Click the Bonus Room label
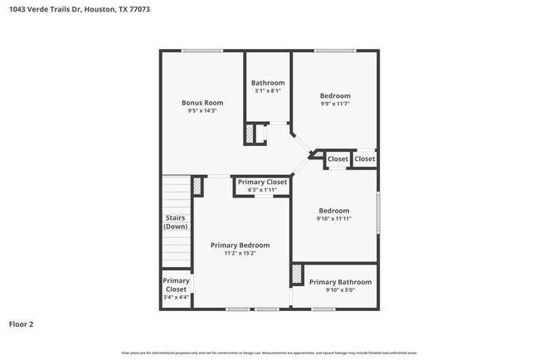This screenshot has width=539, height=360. click(203, 103)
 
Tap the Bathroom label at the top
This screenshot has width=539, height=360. click(268, 83)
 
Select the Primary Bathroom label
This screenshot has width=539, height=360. click(340, 282)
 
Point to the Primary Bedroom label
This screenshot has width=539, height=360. click(240, 246)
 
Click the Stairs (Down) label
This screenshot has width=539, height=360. click(175, 222)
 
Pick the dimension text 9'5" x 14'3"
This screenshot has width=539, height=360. click(203, 111)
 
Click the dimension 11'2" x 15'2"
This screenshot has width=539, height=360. click(240, 254)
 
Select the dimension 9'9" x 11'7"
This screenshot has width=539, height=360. click(335, 104)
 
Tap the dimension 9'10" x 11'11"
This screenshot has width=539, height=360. click(334, 219)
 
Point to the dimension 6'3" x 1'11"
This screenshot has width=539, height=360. click(262, 190)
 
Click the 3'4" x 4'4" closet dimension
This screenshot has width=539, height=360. click(176, 297)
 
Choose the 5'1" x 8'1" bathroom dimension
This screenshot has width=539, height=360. click(268, 91)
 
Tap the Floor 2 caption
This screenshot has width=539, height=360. click(22, 324)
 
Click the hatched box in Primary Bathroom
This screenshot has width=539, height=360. click(296, 275)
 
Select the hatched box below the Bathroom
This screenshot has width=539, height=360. click(249, 134)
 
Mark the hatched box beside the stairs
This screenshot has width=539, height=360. click(197, 187)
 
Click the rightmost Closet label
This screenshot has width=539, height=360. click(365, 158)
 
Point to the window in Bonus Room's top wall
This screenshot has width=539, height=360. click(202, 51)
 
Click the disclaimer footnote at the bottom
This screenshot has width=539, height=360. click(269, 353)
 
